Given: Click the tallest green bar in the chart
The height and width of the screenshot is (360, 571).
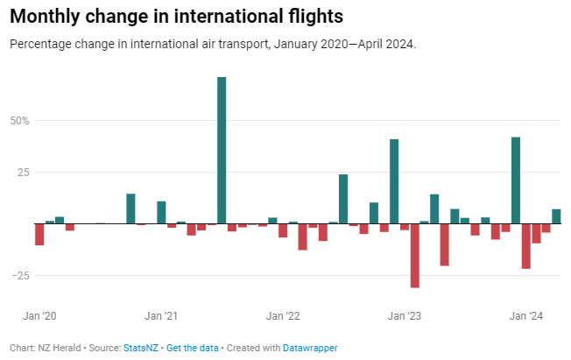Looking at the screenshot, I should pyautogui.click(x=222, y=150).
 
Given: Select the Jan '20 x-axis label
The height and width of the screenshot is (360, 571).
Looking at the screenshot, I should pyautogui.click(x=39, y=315).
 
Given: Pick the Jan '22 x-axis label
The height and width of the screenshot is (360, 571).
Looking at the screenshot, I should pyautogui.click(x=282, y=315).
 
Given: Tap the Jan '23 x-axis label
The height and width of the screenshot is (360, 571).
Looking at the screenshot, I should pyautogui.click(x=404, y=315).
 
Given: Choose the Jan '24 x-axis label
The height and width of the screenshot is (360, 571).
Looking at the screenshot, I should pyautogui.click(x=525, y=315).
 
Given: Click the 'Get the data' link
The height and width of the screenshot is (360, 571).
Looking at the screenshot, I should pyautogui.click(x=193, y=348).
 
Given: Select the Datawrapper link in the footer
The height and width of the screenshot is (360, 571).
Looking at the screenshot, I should pyautogui.click(x=310, y=348).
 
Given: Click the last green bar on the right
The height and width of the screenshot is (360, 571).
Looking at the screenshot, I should pyautogui.click(x=556, y=216).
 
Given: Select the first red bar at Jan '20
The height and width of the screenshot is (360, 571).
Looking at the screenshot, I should pyautogui.click(x=39, y=234).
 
